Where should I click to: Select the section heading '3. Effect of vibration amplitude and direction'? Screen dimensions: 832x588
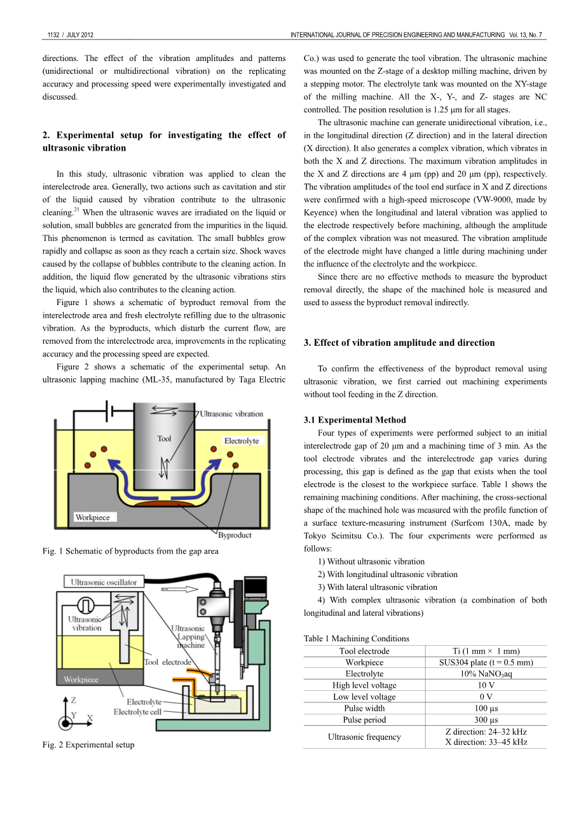pyautogui.click(x=399, y=343)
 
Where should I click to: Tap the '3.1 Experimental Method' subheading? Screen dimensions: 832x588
pyautogui.click(x=355, y=419)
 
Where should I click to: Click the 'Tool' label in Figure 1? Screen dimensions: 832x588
pyautogui.click(x=164, y=439)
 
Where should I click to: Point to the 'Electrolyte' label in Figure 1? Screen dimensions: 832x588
pyautogui.click(x=242, y=440)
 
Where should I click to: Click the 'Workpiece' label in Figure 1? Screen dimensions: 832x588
pyautogui.click(x=92, y=517)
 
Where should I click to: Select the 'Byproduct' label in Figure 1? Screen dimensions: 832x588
pyautogui.click(x=235, y=535)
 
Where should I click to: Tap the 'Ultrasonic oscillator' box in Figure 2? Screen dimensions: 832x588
pyautogui.click(x=104, y=582)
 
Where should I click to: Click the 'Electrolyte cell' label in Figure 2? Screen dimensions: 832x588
pyautogui.click(x=137, y=712)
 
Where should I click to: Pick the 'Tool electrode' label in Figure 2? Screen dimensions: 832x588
pyautogui.click(x=168, y=662)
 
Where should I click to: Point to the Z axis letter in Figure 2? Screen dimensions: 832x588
pyautogui.click(x=74, y=700)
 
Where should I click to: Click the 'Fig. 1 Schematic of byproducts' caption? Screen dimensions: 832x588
pyautogui.click(x=130, y=551)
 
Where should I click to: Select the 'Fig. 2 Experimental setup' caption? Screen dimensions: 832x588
pyautogui.click(x=88, y=744)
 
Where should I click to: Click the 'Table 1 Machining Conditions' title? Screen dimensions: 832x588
pyautogui.click(x=356, y=638)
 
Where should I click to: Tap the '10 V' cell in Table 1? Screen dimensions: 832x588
pyautogui.click(x=486, y=685)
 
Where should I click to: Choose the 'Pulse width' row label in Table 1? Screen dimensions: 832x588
pyautogui.click(x=364, y=708)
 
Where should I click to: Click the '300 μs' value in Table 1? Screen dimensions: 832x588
pyautogui.click(x=486, y=719)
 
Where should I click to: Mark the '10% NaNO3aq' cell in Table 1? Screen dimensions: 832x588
pyautogui.click(x=486, y=674)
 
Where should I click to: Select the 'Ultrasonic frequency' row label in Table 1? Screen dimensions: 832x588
pyautogui.click(x=364, y=737)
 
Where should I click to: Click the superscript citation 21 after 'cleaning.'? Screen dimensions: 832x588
pyautogui.click(x=76, y=209)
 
